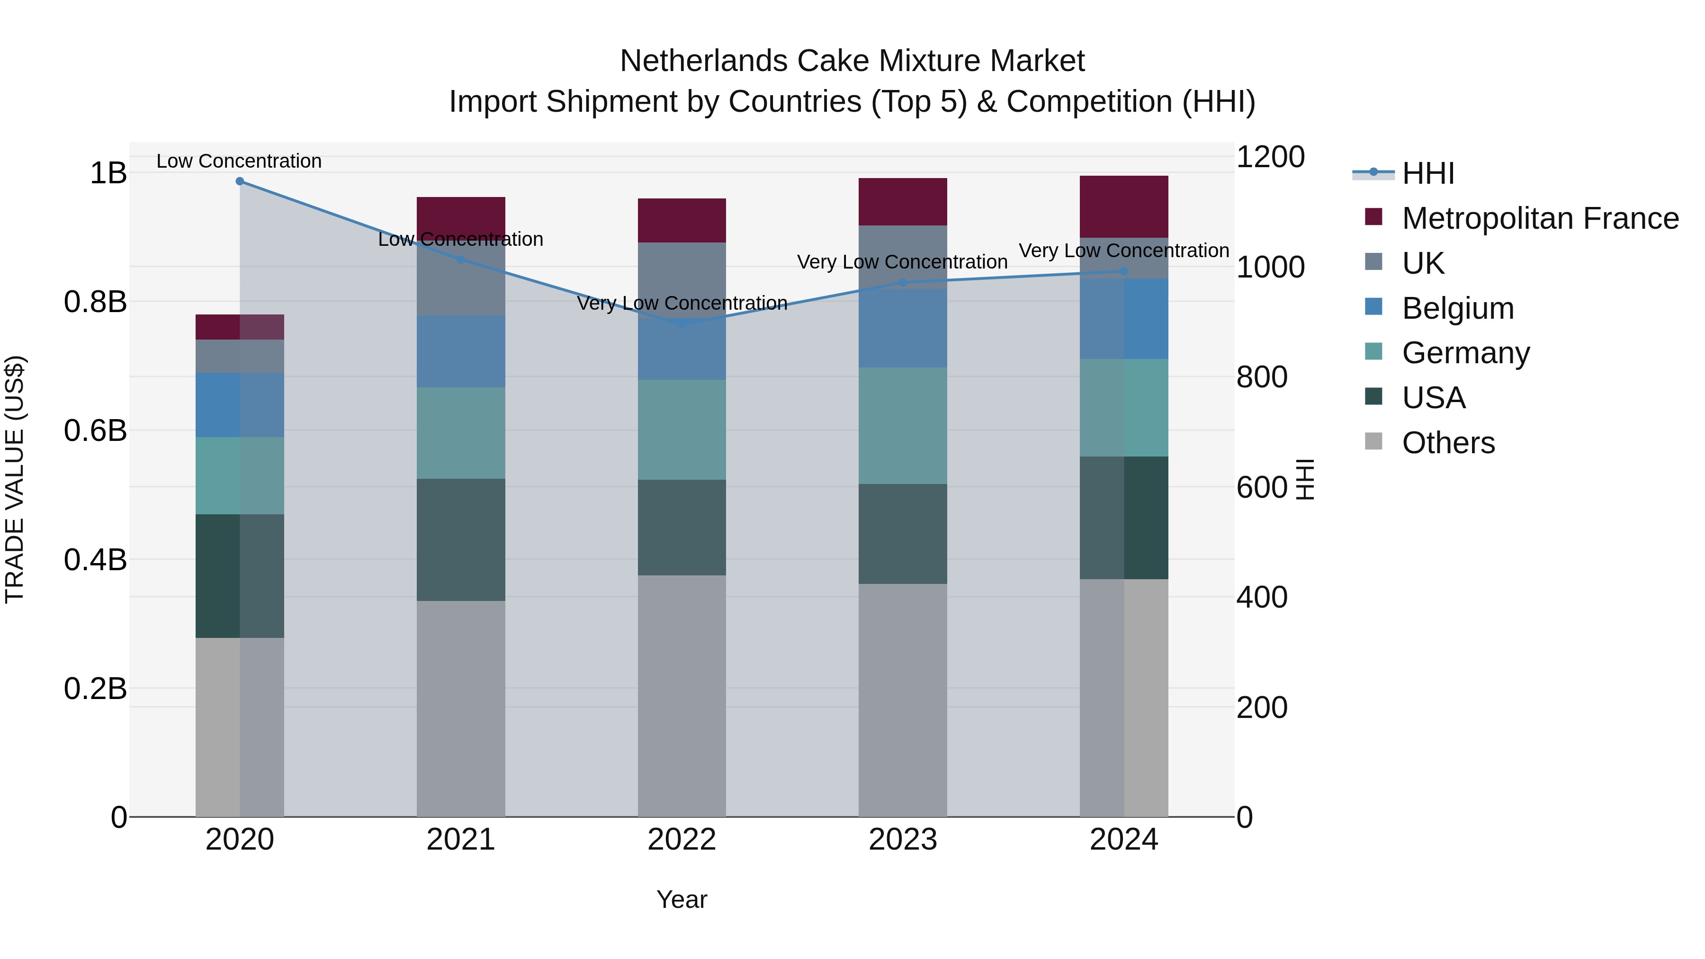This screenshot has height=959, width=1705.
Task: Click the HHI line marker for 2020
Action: [x=240, y=181]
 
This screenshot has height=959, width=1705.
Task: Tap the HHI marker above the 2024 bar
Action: [x=1124, y=271]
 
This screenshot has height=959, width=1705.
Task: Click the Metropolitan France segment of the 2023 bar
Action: [x=903, y=202]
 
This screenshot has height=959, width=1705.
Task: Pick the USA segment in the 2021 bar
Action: [x=461, y=539]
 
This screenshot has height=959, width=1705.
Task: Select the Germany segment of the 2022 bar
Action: [x=682, y=430]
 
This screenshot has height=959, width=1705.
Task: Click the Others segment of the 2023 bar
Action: [x=903, y=700]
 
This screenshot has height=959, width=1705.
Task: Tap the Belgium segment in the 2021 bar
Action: [x=461, y=351]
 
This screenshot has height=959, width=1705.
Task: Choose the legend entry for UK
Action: [x=1423, y=263]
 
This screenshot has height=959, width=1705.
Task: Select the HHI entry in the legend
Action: [x=1428, y=173]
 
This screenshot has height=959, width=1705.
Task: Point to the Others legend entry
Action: [x=1448, y=443]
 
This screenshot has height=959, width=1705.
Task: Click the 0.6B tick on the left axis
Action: [x=95, y=431]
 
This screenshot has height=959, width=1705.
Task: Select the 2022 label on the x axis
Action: [x=682, y=840]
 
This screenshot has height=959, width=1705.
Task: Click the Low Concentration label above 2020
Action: [x=239, y=161]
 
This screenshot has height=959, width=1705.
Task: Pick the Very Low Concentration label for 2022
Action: [x=682, y=303]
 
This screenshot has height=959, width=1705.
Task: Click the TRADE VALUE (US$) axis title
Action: [x=15, y=479]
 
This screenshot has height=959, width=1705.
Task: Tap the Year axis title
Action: [x=682, y=899]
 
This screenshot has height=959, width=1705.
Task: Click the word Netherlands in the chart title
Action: [x=704, y=61]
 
